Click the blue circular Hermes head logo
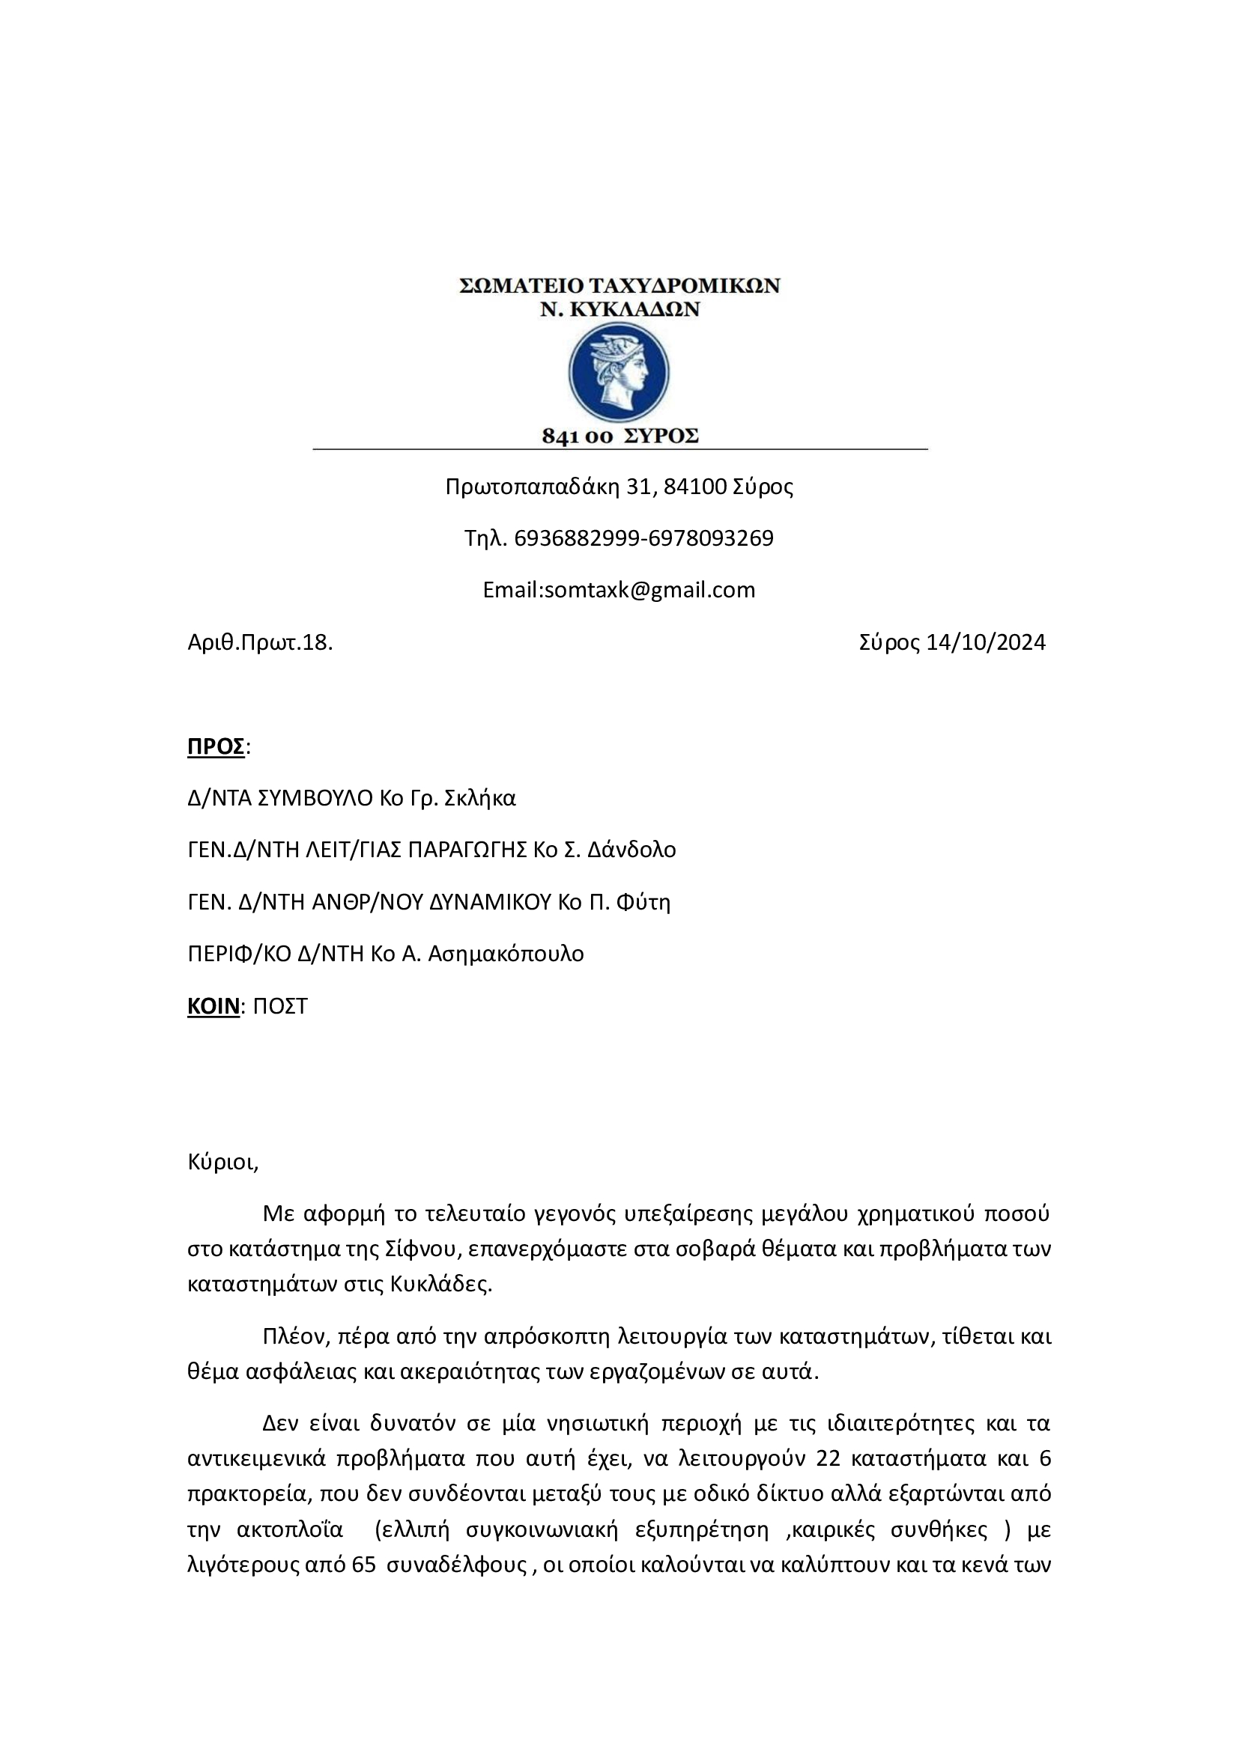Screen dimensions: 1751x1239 point(619,373)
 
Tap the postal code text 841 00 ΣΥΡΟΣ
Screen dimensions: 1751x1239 point(619,436)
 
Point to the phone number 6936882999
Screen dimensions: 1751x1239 point(577,538)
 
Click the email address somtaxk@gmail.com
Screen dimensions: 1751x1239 point(649,589)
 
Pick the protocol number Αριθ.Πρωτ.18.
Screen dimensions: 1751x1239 point(260,642)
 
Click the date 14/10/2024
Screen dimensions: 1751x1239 point(985,642)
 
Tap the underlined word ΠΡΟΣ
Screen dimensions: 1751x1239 point(216,746)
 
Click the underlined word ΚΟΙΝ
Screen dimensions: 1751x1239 point(213,1006)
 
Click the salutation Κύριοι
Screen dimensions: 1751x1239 point(222,1163)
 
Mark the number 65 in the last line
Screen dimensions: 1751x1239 point(364,1565)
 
